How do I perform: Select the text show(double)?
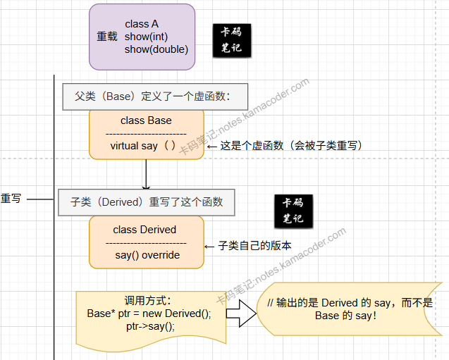tap(156, 49)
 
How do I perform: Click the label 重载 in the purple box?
tap(107, 37)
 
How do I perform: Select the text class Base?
tap(146, 120)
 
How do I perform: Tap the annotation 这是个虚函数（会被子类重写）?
tap(290, 146)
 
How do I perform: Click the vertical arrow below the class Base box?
tap(146, 173)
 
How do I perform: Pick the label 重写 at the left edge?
tap(11, 199)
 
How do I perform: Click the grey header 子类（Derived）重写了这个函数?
tap(147, 201)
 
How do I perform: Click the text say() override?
tap(147, 255)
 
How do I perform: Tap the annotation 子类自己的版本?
tap(254, 246)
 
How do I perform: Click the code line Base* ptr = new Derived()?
tap(149, 314)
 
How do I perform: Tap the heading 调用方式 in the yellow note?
tap(148, 301)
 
